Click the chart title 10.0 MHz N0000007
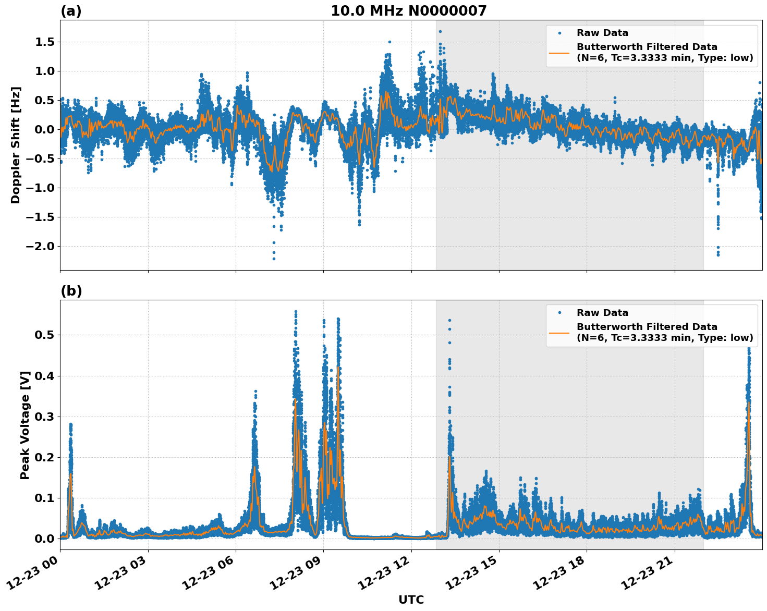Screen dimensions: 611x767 (x=408, y=11)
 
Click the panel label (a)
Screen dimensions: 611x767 (x=71, y=11)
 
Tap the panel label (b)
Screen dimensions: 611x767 (x=71, y=291)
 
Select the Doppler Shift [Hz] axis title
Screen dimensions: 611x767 (x=16, y=145)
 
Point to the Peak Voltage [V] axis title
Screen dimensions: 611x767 (x=25, y=425)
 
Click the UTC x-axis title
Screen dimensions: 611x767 (x=411, y=600)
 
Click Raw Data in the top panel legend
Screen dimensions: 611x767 (x=602, y=33)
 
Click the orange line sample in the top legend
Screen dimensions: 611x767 (x=559, y=52)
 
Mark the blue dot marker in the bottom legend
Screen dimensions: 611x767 (x=559, y=313)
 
